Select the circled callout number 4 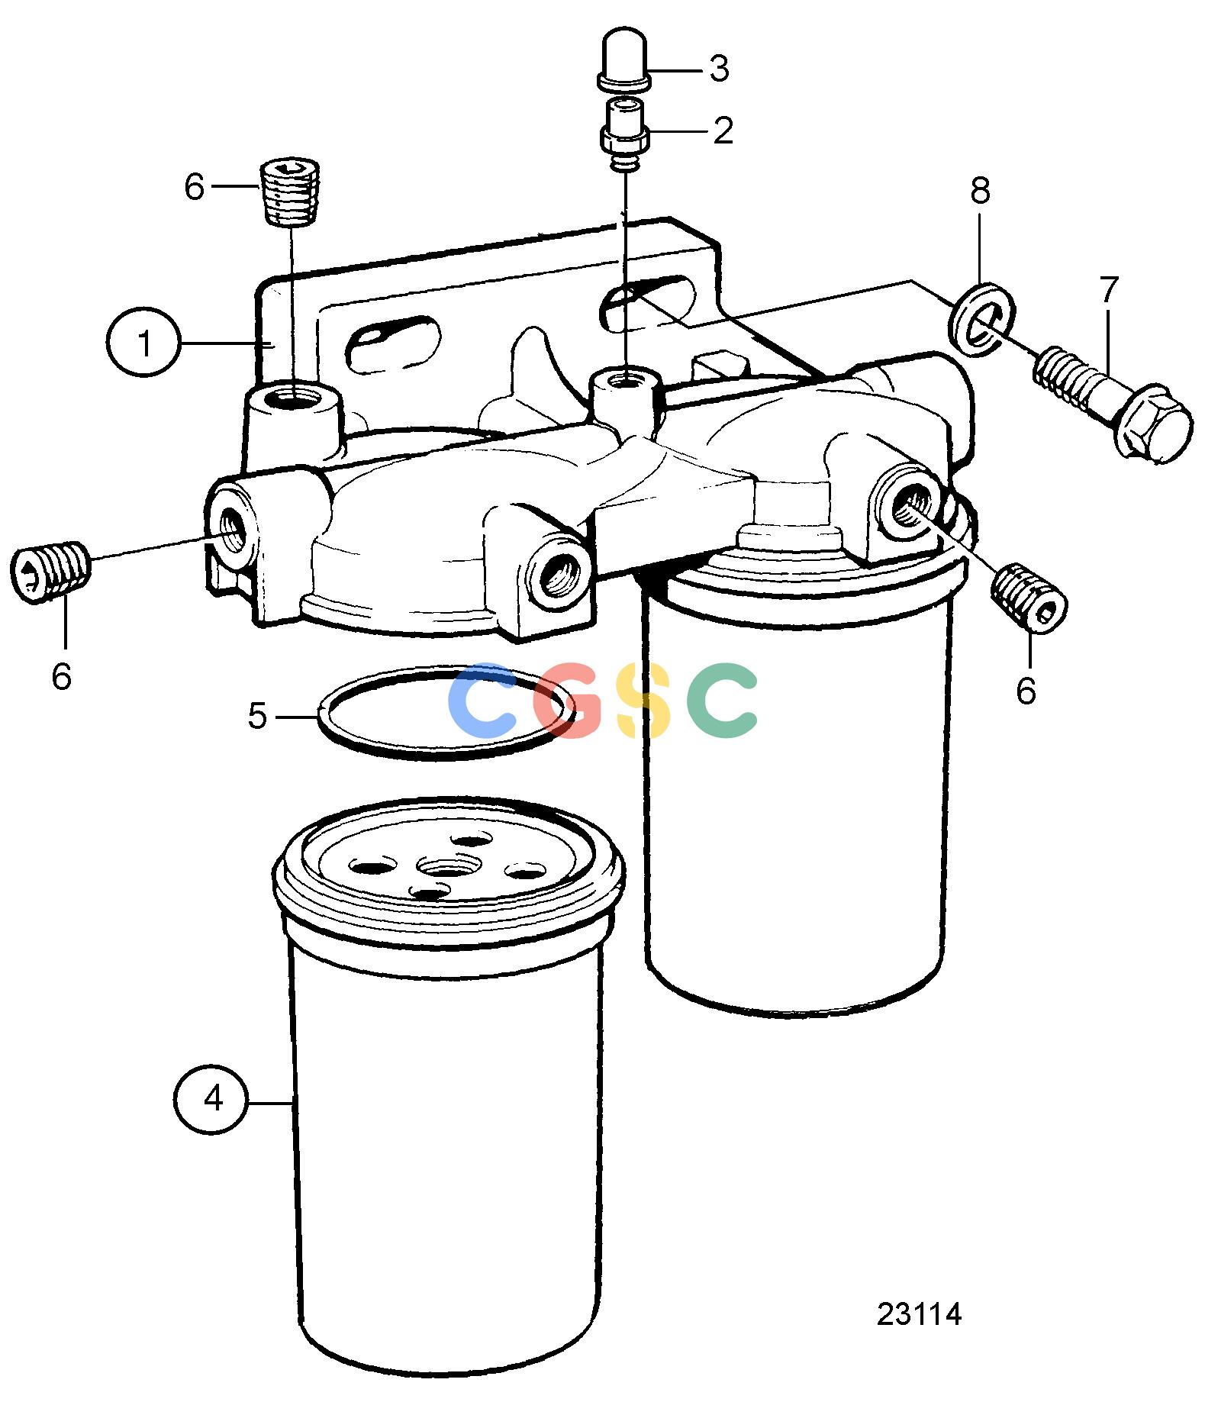pyautogui.click(x=211, y=1099)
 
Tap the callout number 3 pyautogui.click(x=719, y=69)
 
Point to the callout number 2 pyautogui.click(x=723, y=131)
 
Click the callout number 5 pyautogui.click(x=258, y=717)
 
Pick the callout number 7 pyautogui.click(x=1109, y=290)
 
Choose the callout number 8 pyautogui.click(x=981, y=191)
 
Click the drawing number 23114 pyautogui.click(x=919, y=1314)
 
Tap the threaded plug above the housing pyautogui.click(x=292, y=192)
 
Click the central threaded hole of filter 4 pyautogui.click(x=448, y=867)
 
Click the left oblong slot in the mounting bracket pyautogui.click(x=393, y=343)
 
